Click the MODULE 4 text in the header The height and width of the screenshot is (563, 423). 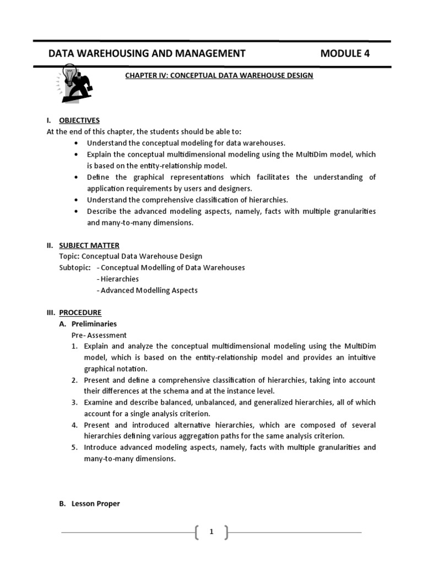coord(345,53)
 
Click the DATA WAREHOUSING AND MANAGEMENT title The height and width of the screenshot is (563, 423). coord(147,53)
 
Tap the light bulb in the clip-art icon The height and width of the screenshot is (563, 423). coord(69,73)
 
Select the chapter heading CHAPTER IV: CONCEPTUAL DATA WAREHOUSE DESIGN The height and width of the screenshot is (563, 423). coord(219,75)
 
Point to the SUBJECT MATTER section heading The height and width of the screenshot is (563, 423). coord(89,245)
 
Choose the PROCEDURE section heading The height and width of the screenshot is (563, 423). coord(80,312)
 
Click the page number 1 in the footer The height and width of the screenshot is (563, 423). coord(211,532)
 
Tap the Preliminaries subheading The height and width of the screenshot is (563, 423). coord(94,324)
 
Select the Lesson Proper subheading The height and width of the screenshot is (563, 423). coord(95,504)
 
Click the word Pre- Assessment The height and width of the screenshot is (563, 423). coord(99,335)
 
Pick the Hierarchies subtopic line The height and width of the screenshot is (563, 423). coord(117,279)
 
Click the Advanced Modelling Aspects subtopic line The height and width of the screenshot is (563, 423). coord(147,290)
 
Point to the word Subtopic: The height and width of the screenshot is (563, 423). coord(75,268)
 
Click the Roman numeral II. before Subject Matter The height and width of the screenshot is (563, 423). coord(50,245)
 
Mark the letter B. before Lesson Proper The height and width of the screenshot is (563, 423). coord(63,504)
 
